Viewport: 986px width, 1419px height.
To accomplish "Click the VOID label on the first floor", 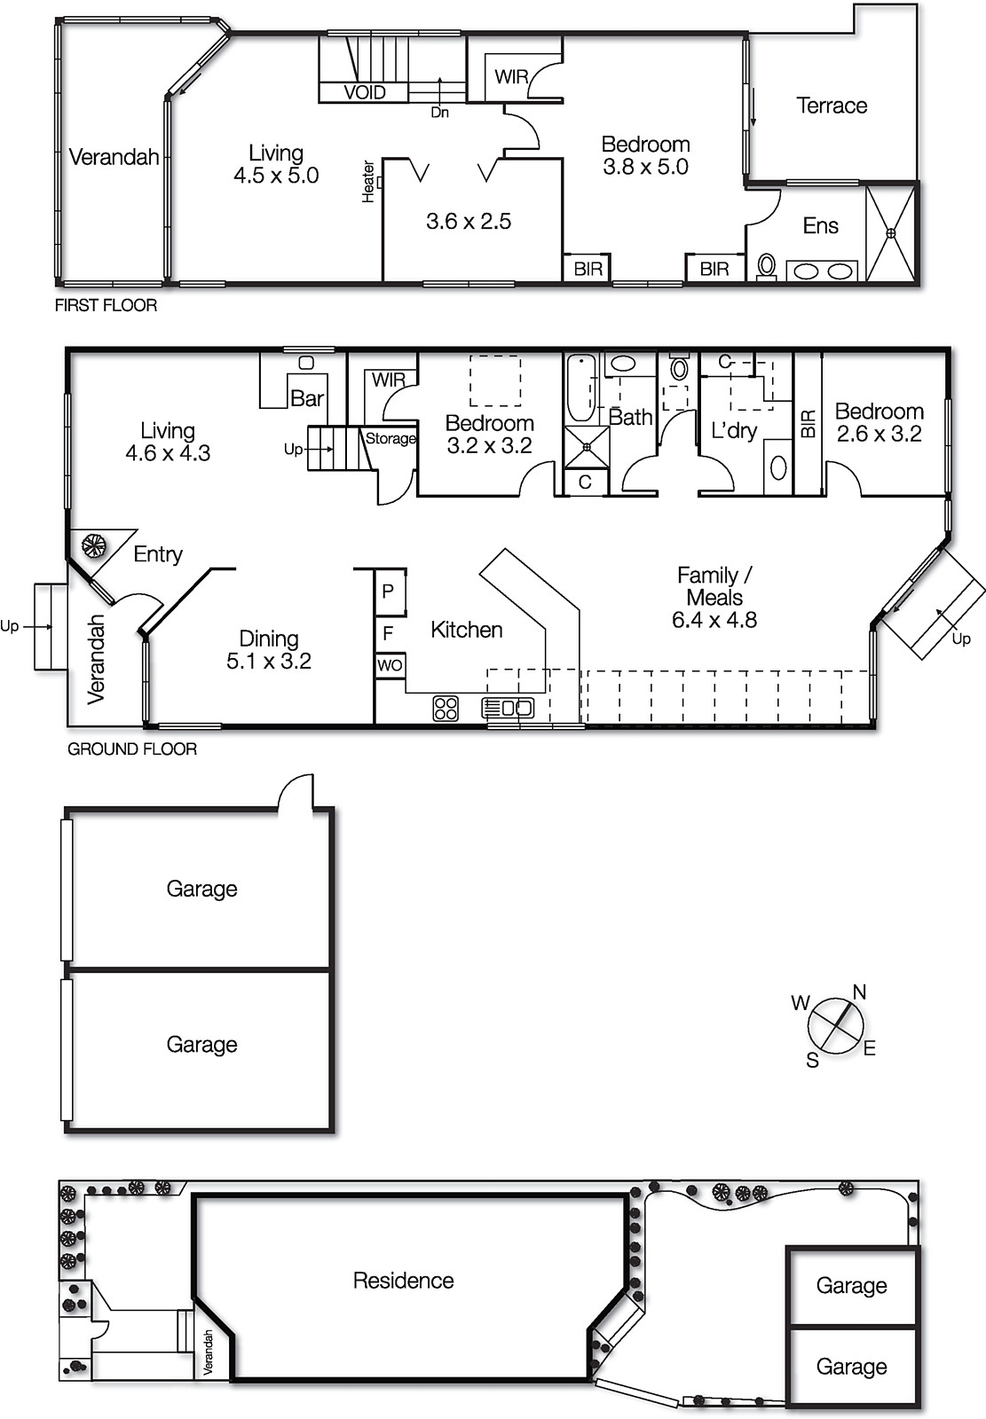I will [x=364, y=92].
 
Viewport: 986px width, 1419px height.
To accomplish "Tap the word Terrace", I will [x=832, y=106].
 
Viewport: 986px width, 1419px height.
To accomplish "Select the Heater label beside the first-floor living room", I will [x=368, y=182].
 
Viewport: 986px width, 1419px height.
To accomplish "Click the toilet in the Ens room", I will [x=767, y=265].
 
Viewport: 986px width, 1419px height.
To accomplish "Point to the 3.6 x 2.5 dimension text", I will [x=469, y=221].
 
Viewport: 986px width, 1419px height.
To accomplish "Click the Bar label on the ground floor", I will [x=307, y=398].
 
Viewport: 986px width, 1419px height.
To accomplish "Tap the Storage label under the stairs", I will [x=390, y=438].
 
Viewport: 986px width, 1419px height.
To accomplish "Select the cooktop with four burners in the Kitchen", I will [x=446, y=708].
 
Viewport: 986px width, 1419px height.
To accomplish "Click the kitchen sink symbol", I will [x=509, y=708].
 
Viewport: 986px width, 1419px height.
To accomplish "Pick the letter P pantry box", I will [x=388, y=591].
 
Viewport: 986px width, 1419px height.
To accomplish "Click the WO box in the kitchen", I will [x=390, y=665].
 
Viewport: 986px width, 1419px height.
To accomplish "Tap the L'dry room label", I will [x=734, y=431].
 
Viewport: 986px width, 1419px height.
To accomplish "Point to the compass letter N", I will [x=859, y=992].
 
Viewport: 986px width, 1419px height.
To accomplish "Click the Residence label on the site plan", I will [x=403, y=1280].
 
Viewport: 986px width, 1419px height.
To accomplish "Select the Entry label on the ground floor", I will [x=158, y=554].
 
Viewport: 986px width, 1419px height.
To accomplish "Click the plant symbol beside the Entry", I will [x=93, y=544].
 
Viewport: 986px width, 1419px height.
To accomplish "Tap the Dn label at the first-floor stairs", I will [x=439, y=113].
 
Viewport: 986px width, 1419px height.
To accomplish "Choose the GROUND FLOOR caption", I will [x=132, y=749].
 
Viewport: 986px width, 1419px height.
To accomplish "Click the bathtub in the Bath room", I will [x=580, y=388].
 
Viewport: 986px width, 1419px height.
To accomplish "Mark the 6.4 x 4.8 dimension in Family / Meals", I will [x=714, y=620].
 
